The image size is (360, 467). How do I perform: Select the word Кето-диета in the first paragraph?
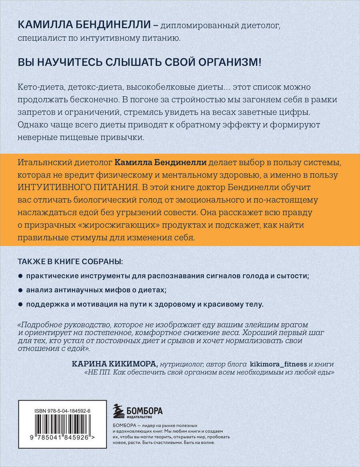click(x=36, y=87)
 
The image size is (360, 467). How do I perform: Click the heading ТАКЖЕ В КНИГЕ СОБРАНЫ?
click(x=70, y=261)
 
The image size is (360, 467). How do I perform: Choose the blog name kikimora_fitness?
click(x=278, y=364)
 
